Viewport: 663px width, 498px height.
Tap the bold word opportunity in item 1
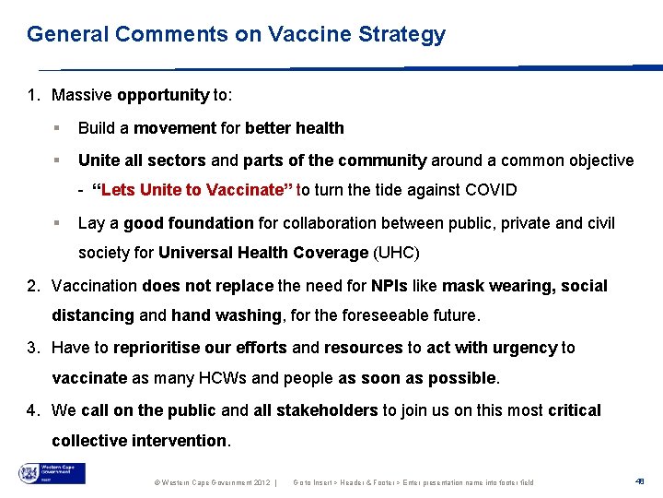(163, 95)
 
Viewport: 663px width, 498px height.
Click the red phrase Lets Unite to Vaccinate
(195, 191)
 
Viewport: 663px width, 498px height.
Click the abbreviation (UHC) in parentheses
(398, 253)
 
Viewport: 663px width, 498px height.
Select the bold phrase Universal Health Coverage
(263, 253)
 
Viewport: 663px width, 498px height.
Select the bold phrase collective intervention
(139, 441)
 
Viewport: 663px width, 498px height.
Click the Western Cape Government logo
(52, 474)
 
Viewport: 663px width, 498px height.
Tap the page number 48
(640, 480)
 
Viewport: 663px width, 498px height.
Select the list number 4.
(33, 410)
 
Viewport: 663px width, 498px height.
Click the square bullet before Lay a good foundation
(57, 223)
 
